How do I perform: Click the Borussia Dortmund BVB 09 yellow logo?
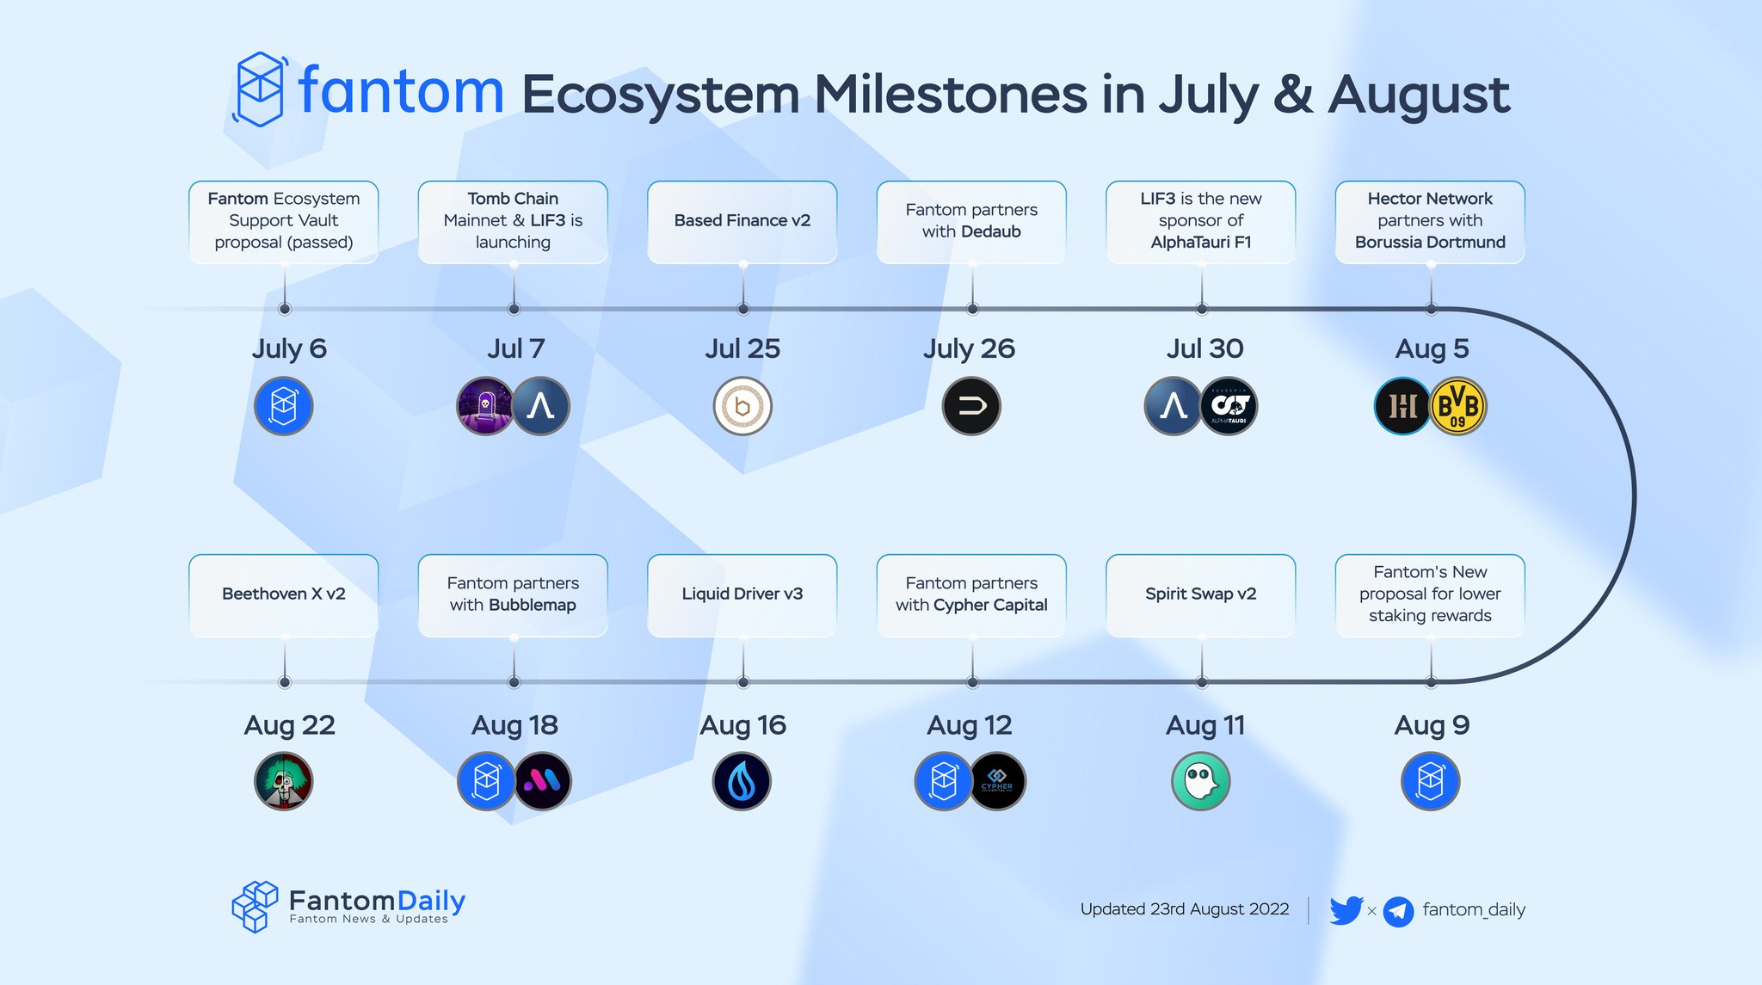pos(1458,406)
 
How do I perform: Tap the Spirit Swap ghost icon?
pos(1201,781)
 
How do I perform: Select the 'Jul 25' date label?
pos(742,348)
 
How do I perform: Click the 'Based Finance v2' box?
pos(742,221)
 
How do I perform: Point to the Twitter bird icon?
pos(1346,909)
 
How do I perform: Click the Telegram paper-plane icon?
pos(1398,911)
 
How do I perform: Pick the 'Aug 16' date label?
pos(742,725)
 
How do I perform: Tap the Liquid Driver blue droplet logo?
pos(742,781)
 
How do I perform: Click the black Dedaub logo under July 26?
pos(971,406)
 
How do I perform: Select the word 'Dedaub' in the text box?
pos(990,231)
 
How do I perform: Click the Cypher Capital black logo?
pos(998,781)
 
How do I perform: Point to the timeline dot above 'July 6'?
pos(285,309)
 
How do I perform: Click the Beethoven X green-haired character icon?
pos(284,781)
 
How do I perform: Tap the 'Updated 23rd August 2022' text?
pos(1184,909)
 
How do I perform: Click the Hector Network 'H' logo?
pos(1402,406)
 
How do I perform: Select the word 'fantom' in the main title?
pos(401,91)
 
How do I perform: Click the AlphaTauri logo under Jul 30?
pos(1229,406)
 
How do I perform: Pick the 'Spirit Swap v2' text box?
pos(1200,594)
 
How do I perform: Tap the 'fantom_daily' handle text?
pos(1473,909)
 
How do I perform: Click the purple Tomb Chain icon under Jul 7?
pos(485,406)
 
